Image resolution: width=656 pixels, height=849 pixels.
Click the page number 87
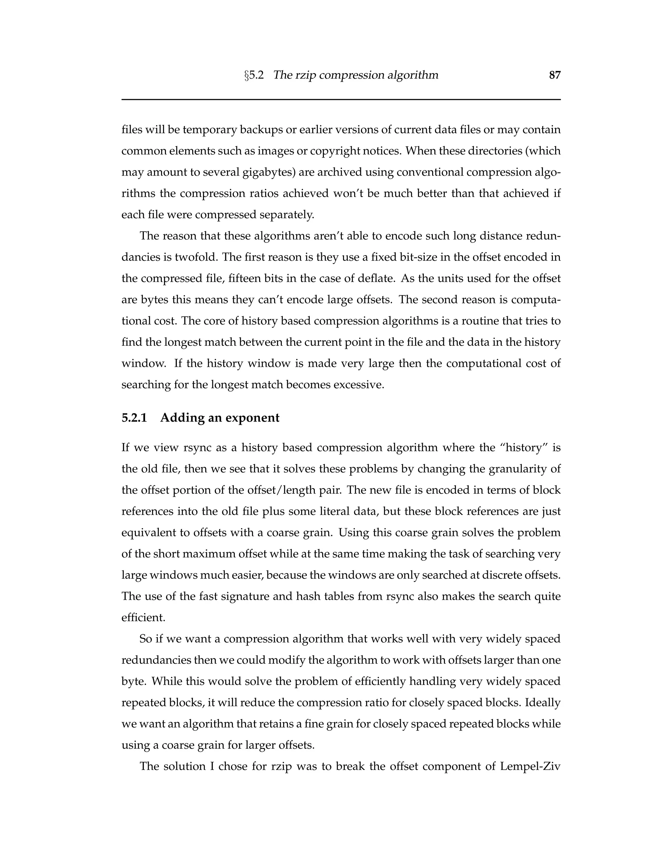(554, 75)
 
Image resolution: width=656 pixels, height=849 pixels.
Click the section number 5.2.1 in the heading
(134, 418)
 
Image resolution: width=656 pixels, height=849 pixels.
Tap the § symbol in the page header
(246, 75)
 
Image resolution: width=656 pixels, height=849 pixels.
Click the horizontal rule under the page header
(341, 100)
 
